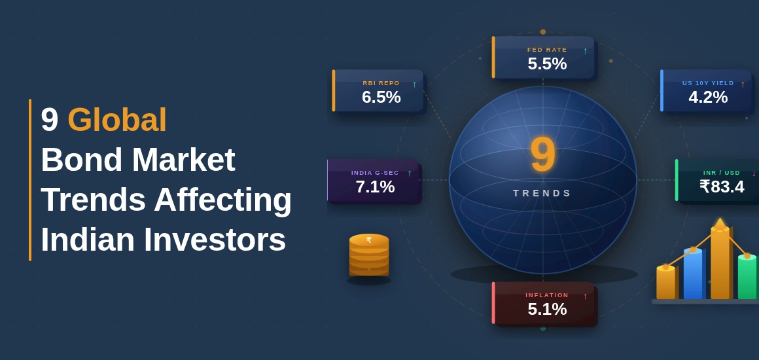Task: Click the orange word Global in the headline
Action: [x=117, y=120]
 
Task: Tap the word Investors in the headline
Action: [x=215, y=240]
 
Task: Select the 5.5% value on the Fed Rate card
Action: [x=547, y=63]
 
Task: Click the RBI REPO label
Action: [x=381, y=83]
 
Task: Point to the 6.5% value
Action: [x=381, y=97]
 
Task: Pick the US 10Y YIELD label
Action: [x=708, y=83]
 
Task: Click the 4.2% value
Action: [x=708, y=97]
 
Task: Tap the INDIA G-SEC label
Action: [x=375, y=173]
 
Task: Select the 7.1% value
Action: [x=375, y=187]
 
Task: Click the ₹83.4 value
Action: [x=722, y=187]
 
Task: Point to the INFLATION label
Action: [x=547, y=295]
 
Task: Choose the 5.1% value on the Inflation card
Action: [x=547, y=309]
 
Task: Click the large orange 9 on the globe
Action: [x=542, y=154]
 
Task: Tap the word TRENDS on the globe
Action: [x=542, y=193]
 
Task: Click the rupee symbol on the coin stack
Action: [x=369, y=240]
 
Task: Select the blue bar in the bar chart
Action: [x=693, y=274]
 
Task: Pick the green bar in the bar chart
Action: [x=747, y=278]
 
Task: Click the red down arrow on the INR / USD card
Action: [x=754, y=173]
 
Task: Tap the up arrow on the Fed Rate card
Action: [x=585, y=51]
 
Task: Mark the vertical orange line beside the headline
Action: [x=30, y=180]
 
